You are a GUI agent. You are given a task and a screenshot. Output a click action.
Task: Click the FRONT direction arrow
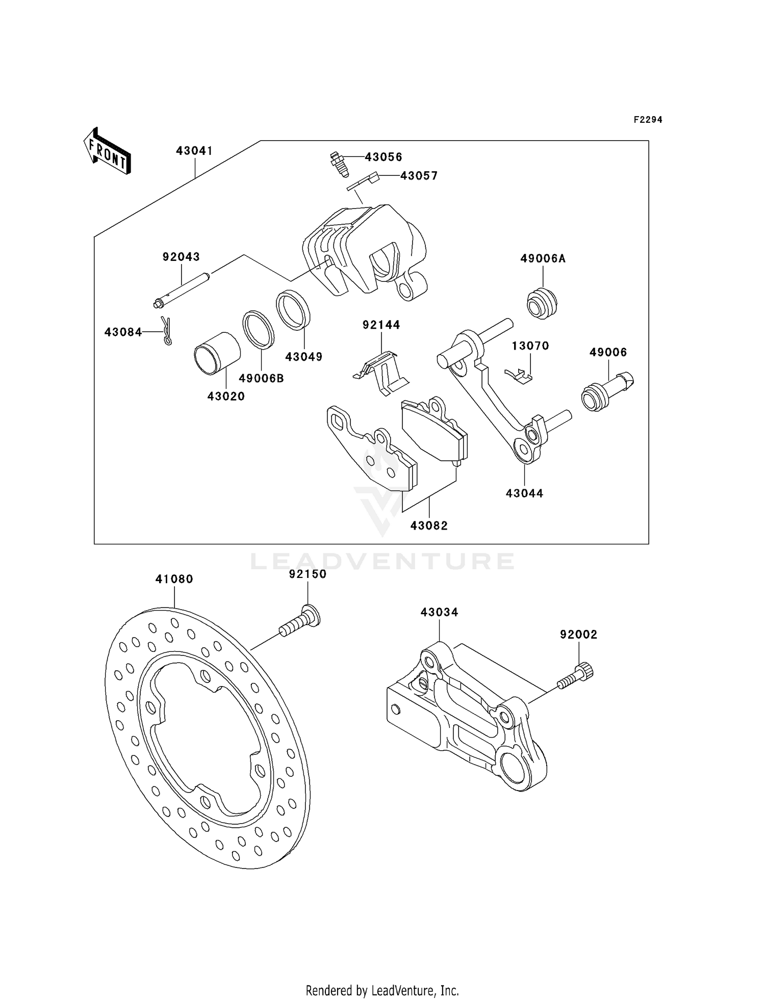click(108, 152)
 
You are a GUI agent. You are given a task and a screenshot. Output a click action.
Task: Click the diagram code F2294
click(648, 120)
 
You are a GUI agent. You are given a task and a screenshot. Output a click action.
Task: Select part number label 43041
click(194, 151)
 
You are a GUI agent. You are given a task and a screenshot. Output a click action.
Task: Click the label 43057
click(419, 176)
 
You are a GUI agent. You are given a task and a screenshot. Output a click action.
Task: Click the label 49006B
click(261, 378)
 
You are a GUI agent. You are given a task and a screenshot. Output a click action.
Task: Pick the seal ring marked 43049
click(293, 310)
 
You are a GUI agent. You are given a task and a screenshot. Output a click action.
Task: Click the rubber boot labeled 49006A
click(542, 303)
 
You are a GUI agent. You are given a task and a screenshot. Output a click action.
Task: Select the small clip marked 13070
click(518, 376)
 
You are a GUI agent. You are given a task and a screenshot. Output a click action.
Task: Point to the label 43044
click(524, 493)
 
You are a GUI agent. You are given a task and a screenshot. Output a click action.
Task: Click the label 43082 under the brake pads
click(429, 525)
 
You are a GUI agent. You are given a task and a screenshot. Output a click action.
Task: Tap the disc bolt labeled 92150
click(301, 621)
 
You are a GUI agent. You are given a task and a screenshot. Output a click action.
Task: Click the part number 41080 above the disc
click(174, 579)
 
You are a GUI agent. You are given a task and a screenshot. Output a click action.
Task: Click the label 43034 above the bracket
click(439, 612)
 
